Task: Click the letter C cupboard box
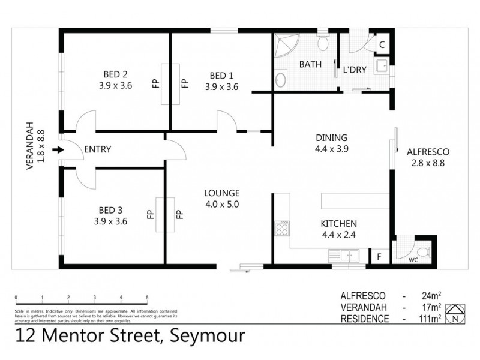382,44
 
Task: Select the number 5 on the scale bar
147,298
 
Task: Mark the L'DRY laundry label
355,69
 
